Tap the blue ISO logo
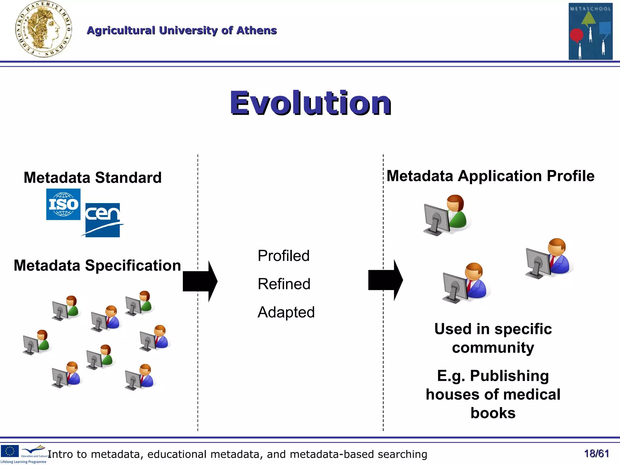point(63,204)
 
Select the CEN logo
point(103,220)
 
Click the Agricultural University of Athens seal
point(43,29)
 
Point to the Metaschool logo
point(590,31)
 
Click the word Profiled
point(283,256)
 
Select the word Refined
point(284,284)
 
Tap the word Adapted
point(286,312)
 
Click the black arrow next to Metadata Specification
point(200,281)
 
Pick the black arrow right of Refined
point(385,280)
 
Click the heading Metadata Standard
point(93,177)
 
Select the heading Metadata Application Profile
point(490,176)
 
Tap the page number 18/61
point(596,453)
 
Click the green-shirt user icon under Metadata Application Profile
point(447,215)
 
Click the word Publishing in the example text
point(509,376)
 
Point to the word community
point(493,348)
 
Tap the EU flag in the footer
point(10,451)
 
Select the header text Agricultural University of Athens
point(182,30)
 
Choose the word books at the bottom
point(493,413)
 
